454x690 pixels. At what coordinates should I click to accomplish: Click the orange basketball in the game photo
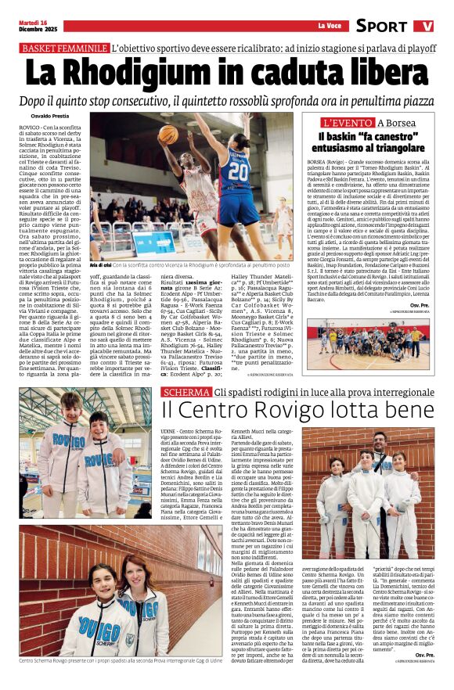(x=168, y=135)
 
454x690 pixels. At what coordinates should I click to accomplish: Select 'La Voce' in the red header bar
(x=329, y=26)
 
